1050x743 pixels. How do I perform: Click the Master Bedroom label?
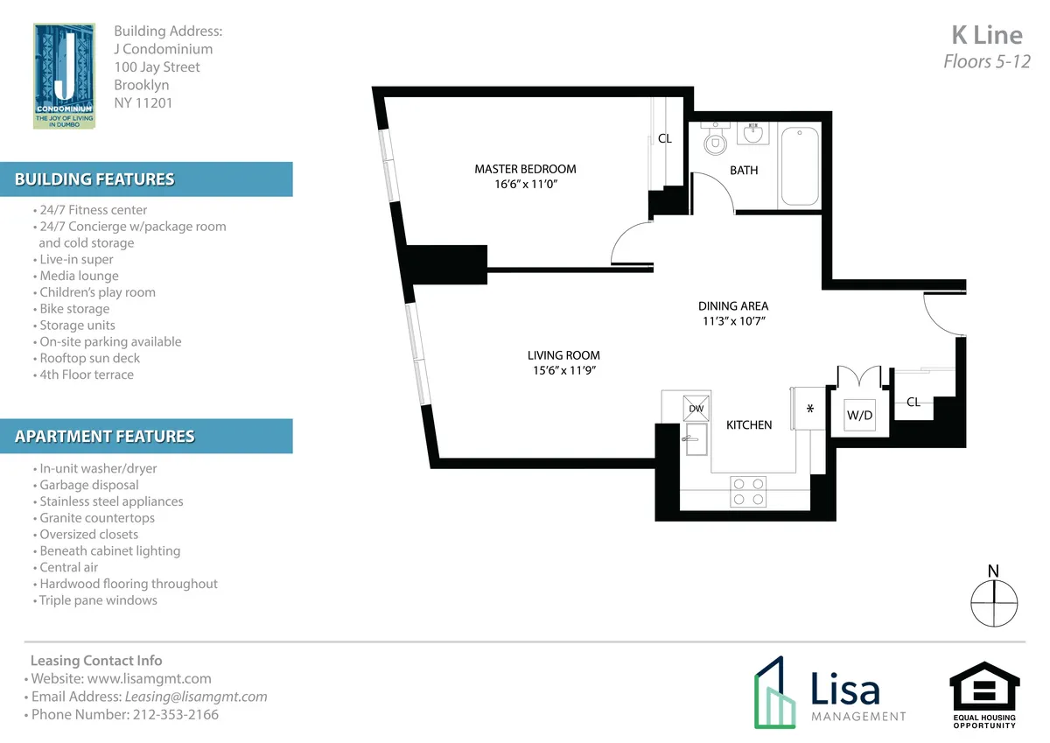pos(525,169)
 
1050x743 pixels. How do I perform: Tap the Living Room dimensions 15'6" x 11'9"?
pos(563,371)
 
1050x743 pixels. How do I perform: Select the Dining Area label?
pos(733,305)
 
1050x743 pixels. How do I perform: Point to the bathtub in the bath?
pos(799,166)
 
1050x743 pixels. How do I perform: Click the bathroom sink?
pos(752,134)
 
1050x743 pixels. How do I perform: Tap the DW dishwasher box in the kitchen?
pos(696,408)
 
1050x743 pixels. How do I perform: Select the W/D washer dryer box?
pos(859,416)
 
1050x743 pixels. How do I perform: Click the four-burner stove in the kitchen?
pos(748,491)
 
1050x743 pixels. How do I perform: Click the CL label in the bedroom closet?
pos(665,138)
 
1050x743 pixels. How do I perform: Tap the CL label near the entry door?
pos(913,402)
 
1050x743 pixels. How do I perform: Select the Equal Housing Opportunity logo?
pos(984,696)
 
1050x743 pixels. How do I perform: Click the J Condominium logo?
pos(64,76)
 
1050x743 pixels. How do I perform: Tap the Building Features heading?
pos(94,179)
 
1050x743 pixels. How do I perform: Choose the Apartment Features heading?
pos(105,436)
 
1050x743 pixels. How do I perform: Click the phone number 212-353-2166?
pos(176,714)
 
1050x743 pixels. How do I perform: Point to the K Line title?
pos(986,35)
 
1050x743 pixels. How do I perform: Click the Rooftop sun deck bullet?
pos(89,358)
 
